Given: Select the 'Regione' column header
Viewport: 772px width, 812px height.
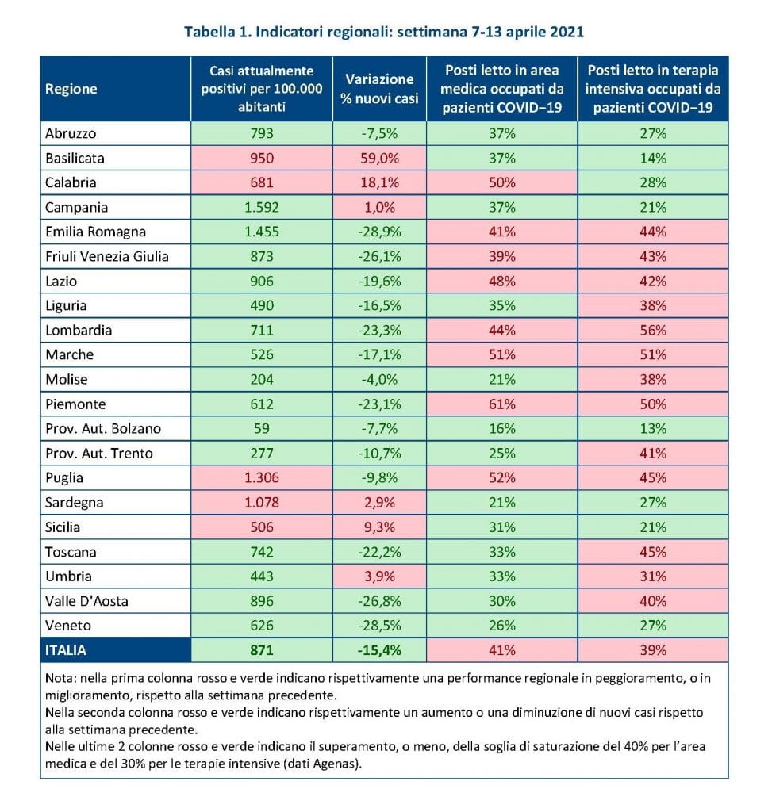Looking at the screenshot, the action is (x=71, y=89).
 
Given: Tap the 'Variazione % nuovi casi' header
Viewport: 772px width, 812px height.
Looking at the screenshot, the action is (x=379, y=89).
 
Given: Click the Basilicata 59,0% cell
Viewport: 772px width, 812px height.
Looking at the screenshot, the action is (x=379, y=158).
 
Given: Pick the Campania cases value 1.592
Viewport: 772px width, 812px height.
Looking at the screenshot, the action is (x=262, y=207).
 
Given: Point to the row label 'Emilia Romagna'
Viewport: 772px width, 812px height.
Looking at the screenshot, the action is (x=95, y=232).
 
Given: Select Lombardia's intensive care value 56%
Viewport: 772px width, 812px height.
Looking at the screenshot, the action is (x=653, y=331).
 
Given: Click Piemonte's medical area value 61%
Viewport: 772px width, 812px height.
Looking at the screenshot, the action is (x=501, y=404).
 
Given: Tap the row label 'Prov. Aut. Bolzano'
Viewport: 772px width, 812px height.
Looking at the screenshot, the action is (x=103, y=429).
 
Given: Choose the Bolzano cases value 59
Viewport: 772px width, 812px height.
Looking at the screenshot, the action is (x=262, y=429).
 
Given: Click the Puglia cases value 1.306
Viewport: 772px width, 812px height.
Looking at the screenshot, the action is (x=262, y=477).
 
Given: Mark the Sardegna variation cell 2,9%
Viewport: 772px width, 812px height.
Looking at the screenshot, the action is (x=379, y=502).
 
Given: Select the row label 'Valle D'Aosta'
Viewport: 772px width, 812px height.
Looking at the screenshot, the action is (x=86, y=601).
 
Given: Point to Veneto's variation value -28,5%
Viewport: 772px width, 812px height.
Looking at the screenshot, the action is (x=379, y=626).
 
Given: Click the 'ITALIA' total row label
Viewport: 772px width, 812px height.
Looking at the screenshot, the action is (x=65, y=650).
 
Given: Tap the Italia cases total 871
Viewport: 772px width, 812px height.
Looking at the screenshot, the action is (x=262, y=650).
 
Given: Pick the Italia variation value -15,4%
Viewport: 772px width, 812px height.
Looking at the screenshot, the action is (x=379, y=650).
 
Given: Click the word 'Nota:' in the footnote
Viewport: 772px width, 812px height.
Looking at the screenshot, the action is (x=60, y=678).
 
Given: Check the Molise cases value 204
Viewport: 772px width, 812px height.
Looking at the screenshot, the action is (x=262, y=380).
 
